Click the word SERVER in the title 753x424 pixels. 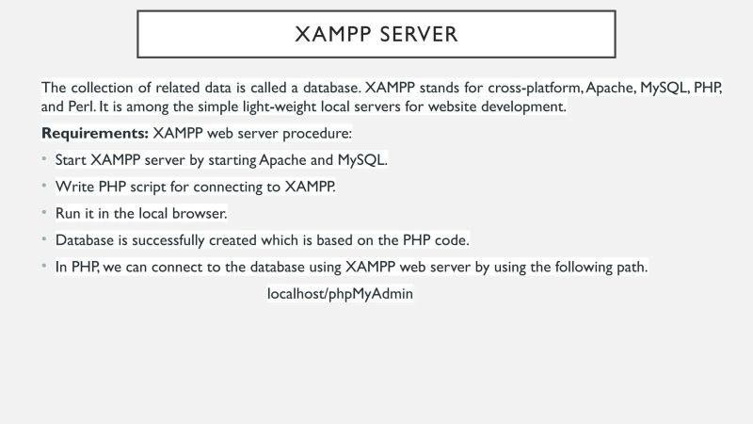click(x=419, y=34)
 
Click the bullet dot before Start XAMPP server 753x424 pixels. click(x=44, y=159)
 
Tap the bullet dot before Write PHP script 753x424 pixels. click(x=44, y=186)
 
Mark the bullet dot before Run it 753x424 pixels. click(x=44, y=213)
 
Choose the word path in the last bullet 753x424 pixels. click(x=629, y=267)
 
